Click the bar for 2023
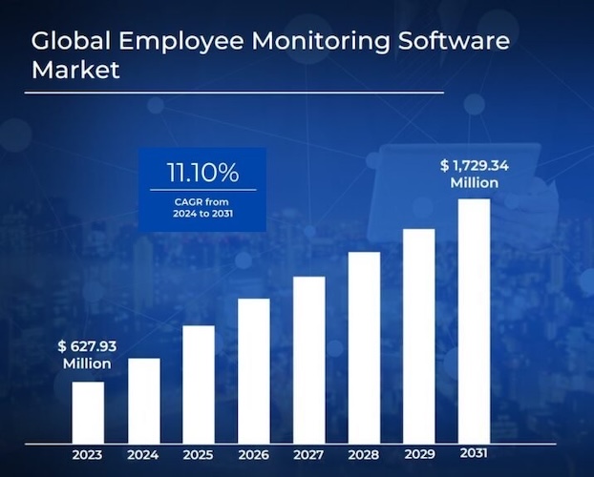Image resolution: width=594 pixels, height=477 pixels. click(x=88, y=412)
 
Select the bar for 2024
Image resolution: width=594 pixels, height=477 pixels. click(x=143, y=401)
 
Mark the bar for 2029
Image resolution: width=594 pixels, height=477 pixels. click(x=419, y=336)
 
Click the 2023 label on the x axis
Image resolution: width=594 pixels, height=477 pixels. click(x=88, y=454)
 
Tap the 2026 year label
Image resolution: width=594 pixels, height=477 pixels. click(x=254, y=454)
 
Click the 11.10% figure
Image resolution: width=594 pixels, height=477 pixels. click(x=202, y=174)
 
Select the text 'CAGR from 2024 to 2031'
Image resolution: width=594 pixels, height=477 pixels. click(x=202, y=207)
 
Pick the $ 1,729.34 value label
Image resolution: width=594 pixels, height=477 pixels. click(x=475, y=173)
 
